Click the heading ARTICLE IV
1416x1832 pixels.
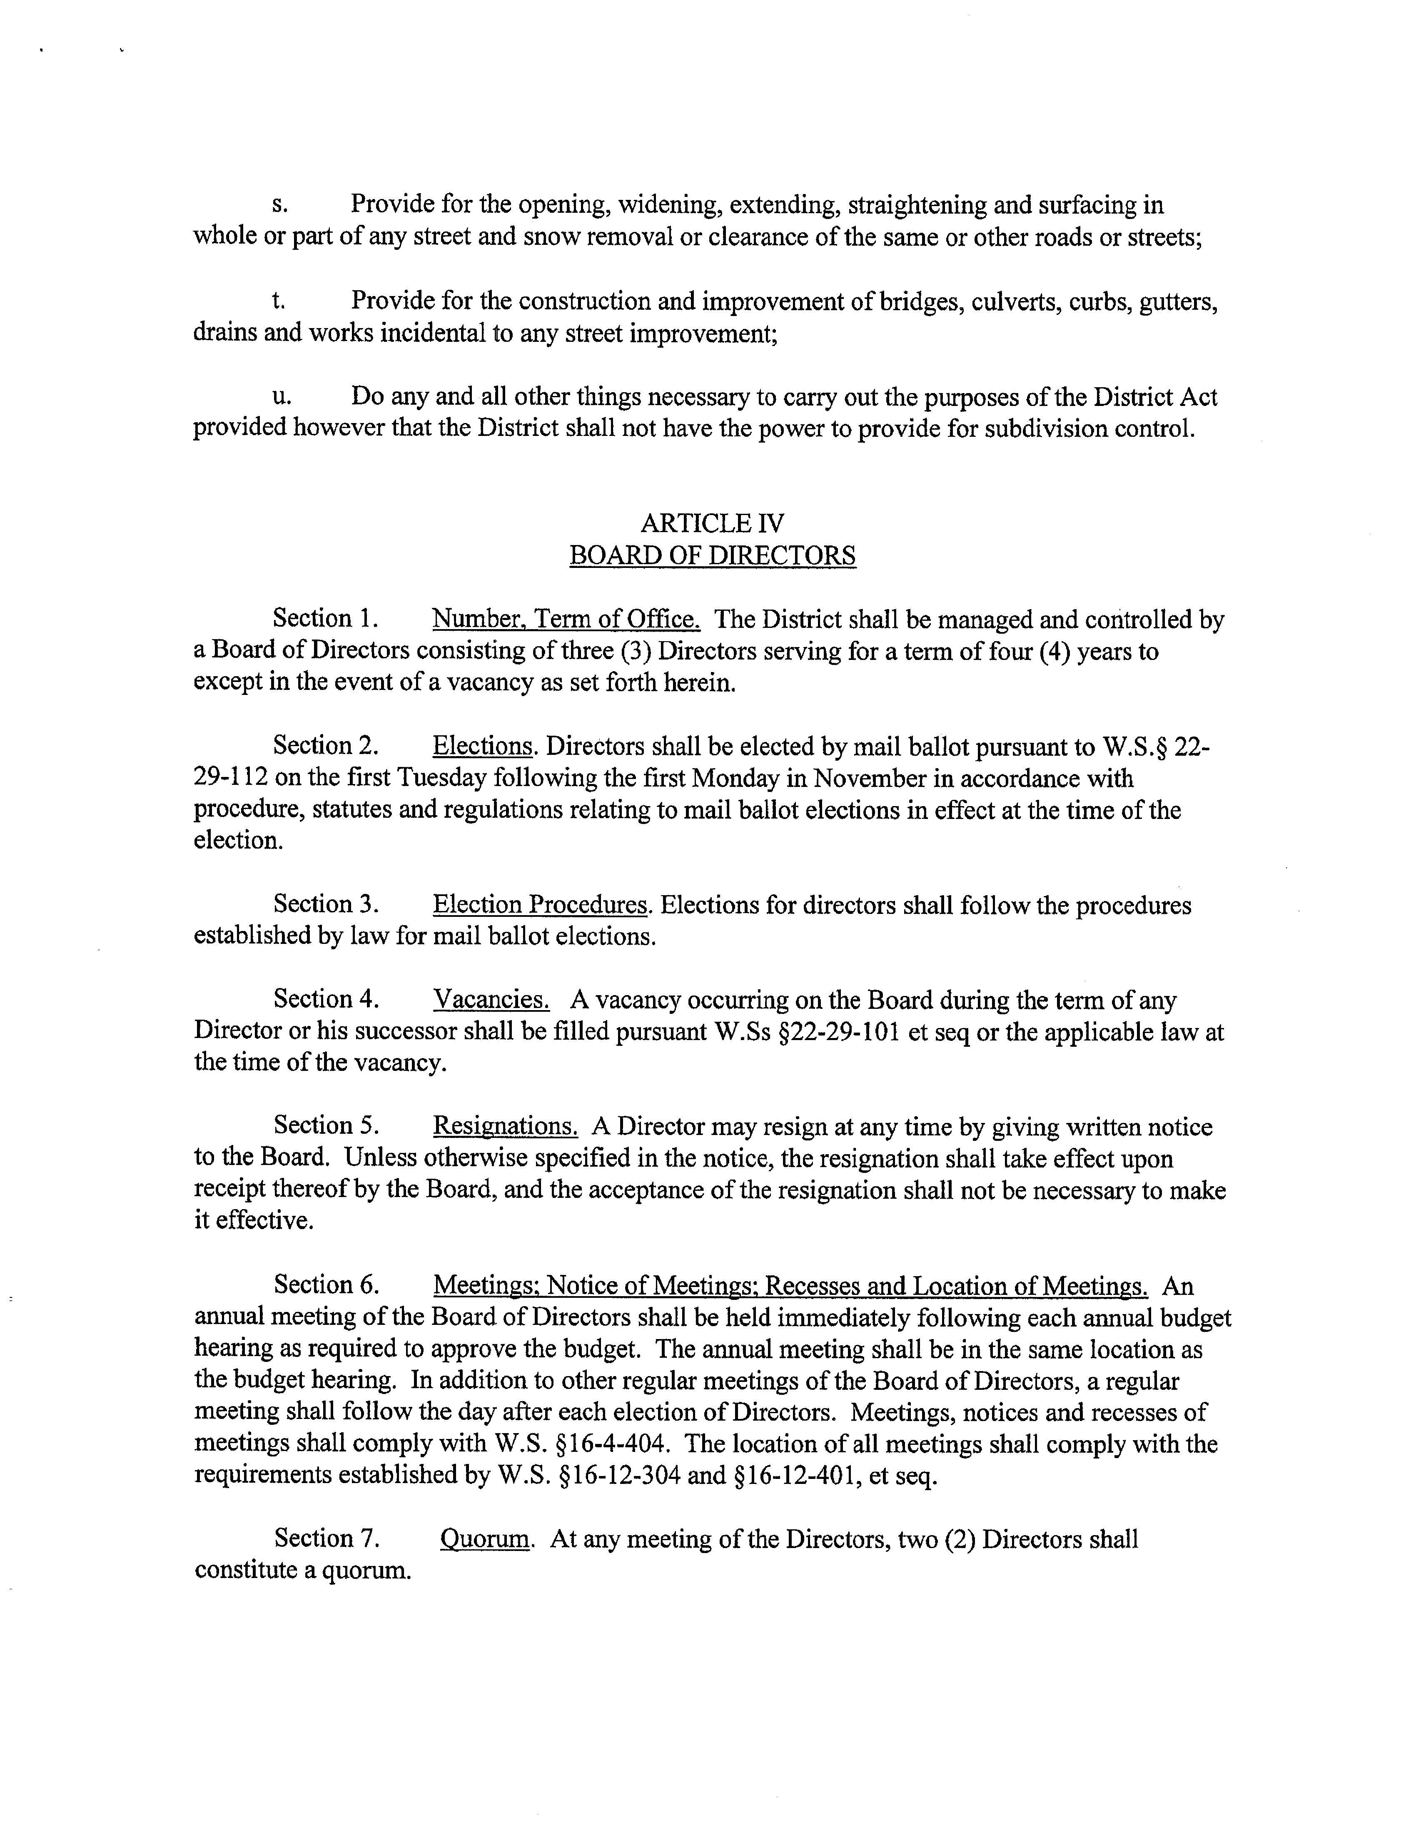tap(712, 523)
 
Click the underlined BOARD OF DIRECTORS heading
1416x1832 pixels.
tap(712, 555)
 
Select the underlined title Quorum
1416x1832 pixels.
tap(485, 1539)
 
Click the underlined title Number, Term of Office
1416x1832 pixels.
tap(566, 620)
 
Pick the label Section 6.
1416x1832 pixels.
tap(327, 1285)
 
